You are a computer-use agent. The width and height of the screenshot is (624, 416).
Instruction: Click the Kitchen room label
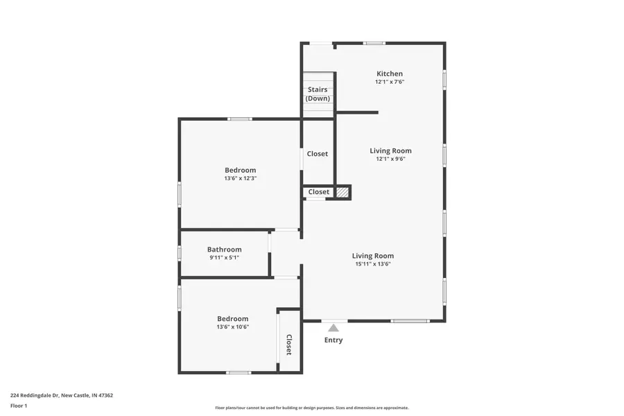389,73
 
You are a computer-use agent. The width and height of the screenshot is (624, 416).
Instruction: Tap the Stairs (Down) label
318,94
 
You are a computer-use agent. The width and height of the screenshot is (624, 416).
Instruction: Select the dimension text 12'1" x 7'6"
389,82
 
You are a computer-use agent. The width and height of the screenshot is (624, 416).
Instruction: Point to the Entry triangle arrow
333,328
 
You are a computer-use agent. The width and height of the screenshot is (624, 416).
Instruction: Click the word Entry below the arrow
333,340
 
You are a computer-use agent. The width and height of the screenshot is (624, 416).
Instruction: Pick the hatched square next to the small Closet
342,192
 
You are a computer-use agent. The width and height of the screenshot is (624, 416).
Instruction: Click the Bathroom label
224,250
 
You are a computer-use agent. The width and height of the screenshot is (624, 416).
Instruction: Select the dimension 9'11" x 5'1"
224,258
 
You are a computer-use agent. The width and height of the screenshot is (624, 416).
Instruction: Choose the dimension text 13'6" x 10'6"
232,327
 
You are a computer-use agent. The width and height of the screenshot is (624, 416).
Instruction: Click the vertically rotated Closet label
289,345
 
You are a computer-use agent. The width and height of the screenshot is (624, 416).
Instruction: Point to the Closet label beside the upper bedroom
318,154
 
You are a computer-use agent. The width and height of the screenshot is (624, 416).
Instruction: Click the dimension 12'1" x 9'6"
390,159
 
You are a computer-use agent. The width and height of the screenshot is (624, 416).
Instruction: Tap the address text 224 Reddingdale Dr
62,396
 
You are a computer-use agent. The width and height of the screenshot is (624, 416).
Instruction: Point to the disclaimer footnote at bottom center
312,408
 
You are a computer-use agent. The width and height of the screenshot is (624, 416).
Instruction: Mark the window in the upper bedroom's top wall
240,119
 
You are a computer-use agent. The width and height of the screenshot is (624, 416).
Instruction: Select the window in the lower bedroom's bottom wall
238,373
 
